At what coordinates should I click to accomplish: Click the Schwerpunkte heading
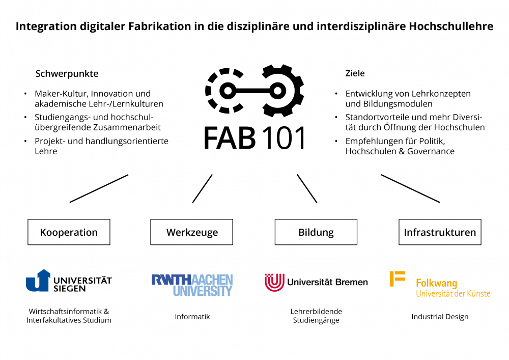[67, 74]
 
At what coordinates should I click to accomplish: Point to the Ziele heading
[355, 73]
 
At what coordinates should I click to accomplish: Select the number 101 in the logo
[284, 137]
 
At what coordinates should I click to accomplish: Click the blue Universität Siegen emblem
[38, 281]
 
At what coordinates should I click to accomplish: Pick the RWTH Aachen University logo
[192, 285]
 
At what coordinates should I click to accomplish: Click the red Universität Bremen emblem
[274, 282]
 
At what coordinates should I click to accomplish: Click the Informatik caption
[192, 317]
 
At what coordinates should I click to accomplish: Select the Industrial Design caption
[440, 317]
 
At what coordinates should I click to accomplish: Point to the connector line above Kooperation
[99, 188]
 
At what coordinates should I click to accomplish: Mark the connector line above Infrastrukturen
[410, 188]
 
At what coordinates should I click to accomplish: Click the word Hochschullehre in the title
[451, 26]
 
